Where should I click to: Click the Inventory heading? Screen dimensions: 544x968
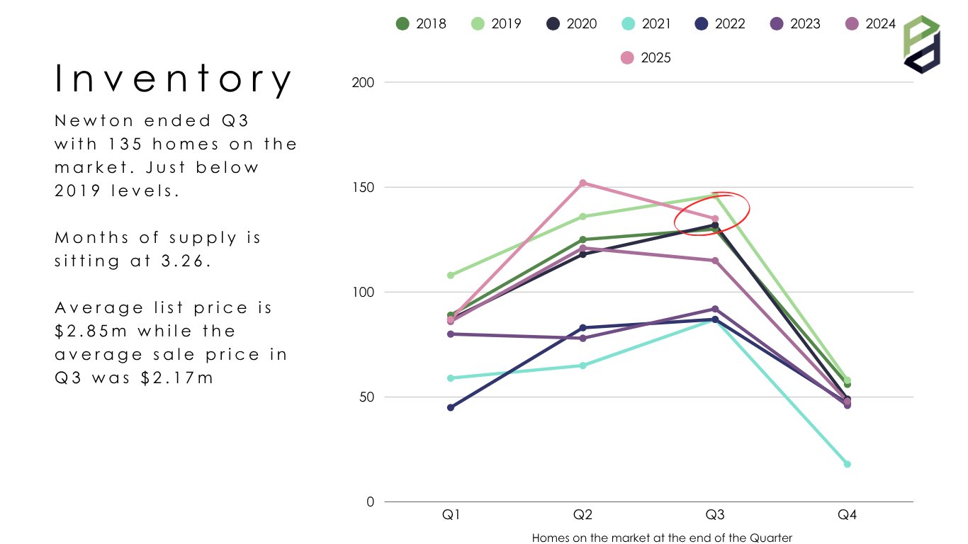pyautogui.click(x=174, y=79)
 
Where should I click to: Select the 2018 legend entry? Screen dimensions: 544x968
pyautogui.click(x=421, y=23)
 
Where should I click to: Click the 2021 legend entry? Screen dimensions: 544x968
pyautogui.click(x=646, y=23)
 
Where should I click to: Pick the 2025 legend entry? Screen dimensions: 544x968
pyautogui.click(x=646, y=57)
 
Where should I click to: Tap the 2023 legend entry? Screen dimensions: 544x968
pyautogui.click(x=795, y=23)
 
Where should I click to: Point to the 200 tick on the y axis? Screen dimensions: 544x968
pyautogui.click(x=363, y=82)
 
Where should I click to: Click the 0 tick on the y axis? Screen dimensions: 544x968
pyautogui.click(x=369, y=501)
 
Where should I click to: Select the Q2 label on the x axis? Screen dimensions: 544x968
pyautogui.click(x=583, y=516)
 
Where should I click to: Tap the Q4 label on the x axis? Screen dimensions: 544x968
pyautogui.click(x=847, y=516)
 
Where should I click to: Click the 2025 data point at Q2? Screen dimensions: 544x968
pyautogui.click(x=583, y=183)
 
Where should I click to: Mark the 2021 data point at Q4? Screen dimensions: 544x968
pyautogui.click(x=847, y=464)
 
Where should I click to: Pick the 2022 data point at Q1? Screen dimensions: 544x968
pyautogui.click(x=451, y=407)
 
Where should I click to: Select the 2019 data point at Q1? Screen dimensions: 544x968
pyautogui.click(x=451, y=275)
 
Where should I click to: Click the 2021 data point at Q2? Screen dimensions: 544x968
pyautogui.click(x=583, y=365)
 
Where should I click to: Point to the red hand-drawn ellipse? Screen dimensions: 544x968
pyautogui.click(x=712, y=213)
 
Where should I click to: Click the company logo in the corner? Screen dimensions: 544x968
pyautogui.click(x=921, y=44)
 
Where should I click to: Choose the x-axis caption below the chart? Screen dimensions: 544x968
pyautogui.click(x=662, y=538)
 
